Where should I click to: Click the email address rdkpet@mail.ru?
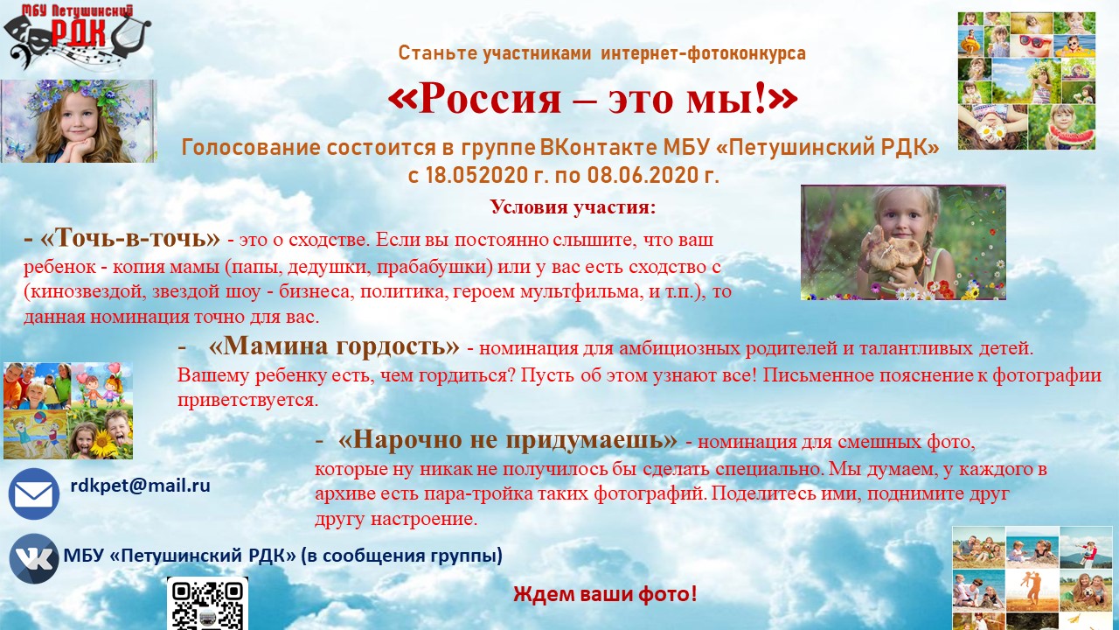(141, 486)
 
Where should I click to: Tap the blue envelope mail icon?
(34, 494)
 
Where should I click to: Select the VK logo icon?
(34, 558)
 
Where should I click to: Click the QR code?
(207, 604)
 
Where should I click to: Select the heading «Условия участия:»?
(573, 207)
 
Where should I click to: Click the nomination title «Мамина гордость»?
(334, 346)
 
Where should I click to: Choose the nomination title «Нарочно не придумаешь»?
(508, 439)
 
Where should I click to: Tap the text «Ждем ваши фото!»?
(605, 594)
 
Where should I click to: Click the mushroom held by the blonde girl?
(894, 250)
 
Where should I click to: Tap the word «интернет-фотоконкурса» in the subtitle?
(704, 53)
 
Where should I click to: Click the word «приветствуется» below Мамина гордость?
(247, 401)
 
